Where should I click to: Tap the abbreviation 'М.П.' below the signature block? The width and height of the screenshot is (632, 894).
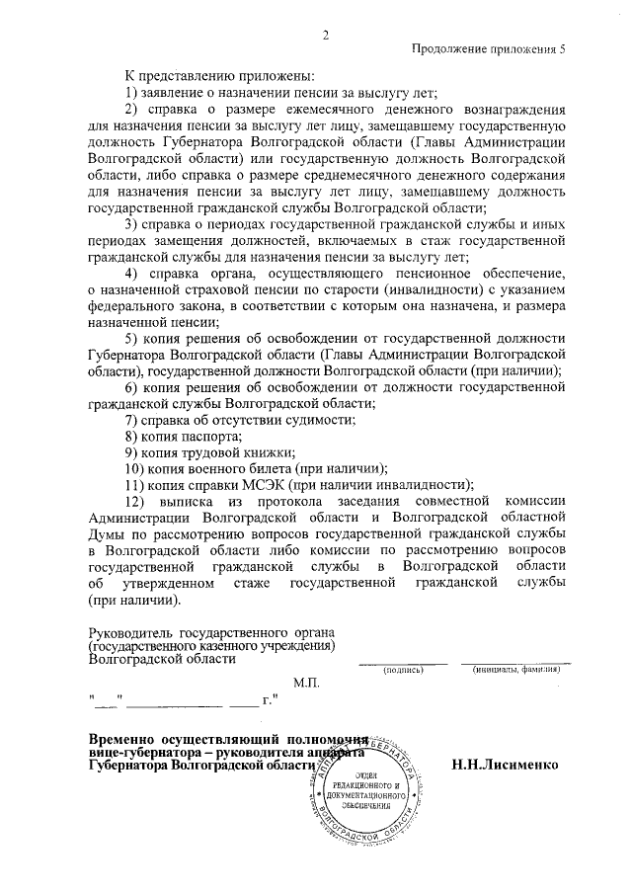(x=307, y=683)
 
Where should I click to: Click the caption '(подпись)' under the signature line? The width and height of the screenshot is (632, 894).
(x=403, y=670)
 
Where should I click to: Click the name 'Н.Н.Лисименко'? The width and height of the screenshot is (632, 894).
(x=506, y=765)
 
